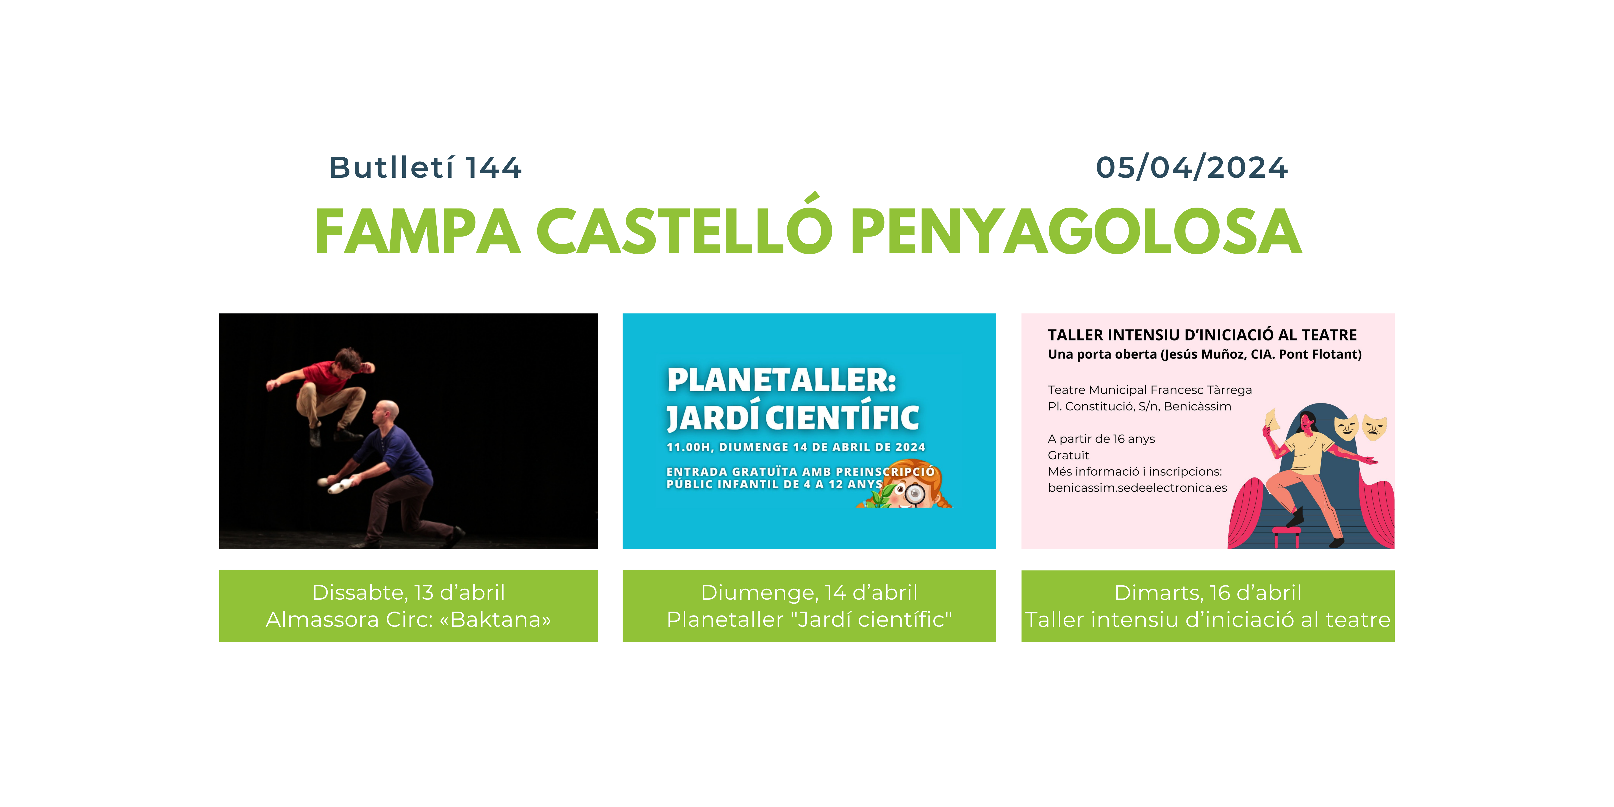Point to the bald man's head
pyautogui.click(x=385, y=414)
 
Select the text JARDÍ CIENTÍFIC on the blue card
pyautogui.click(x=793, y=417)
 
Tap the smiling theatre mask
pyautogui.click(x=1346, y=427)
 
